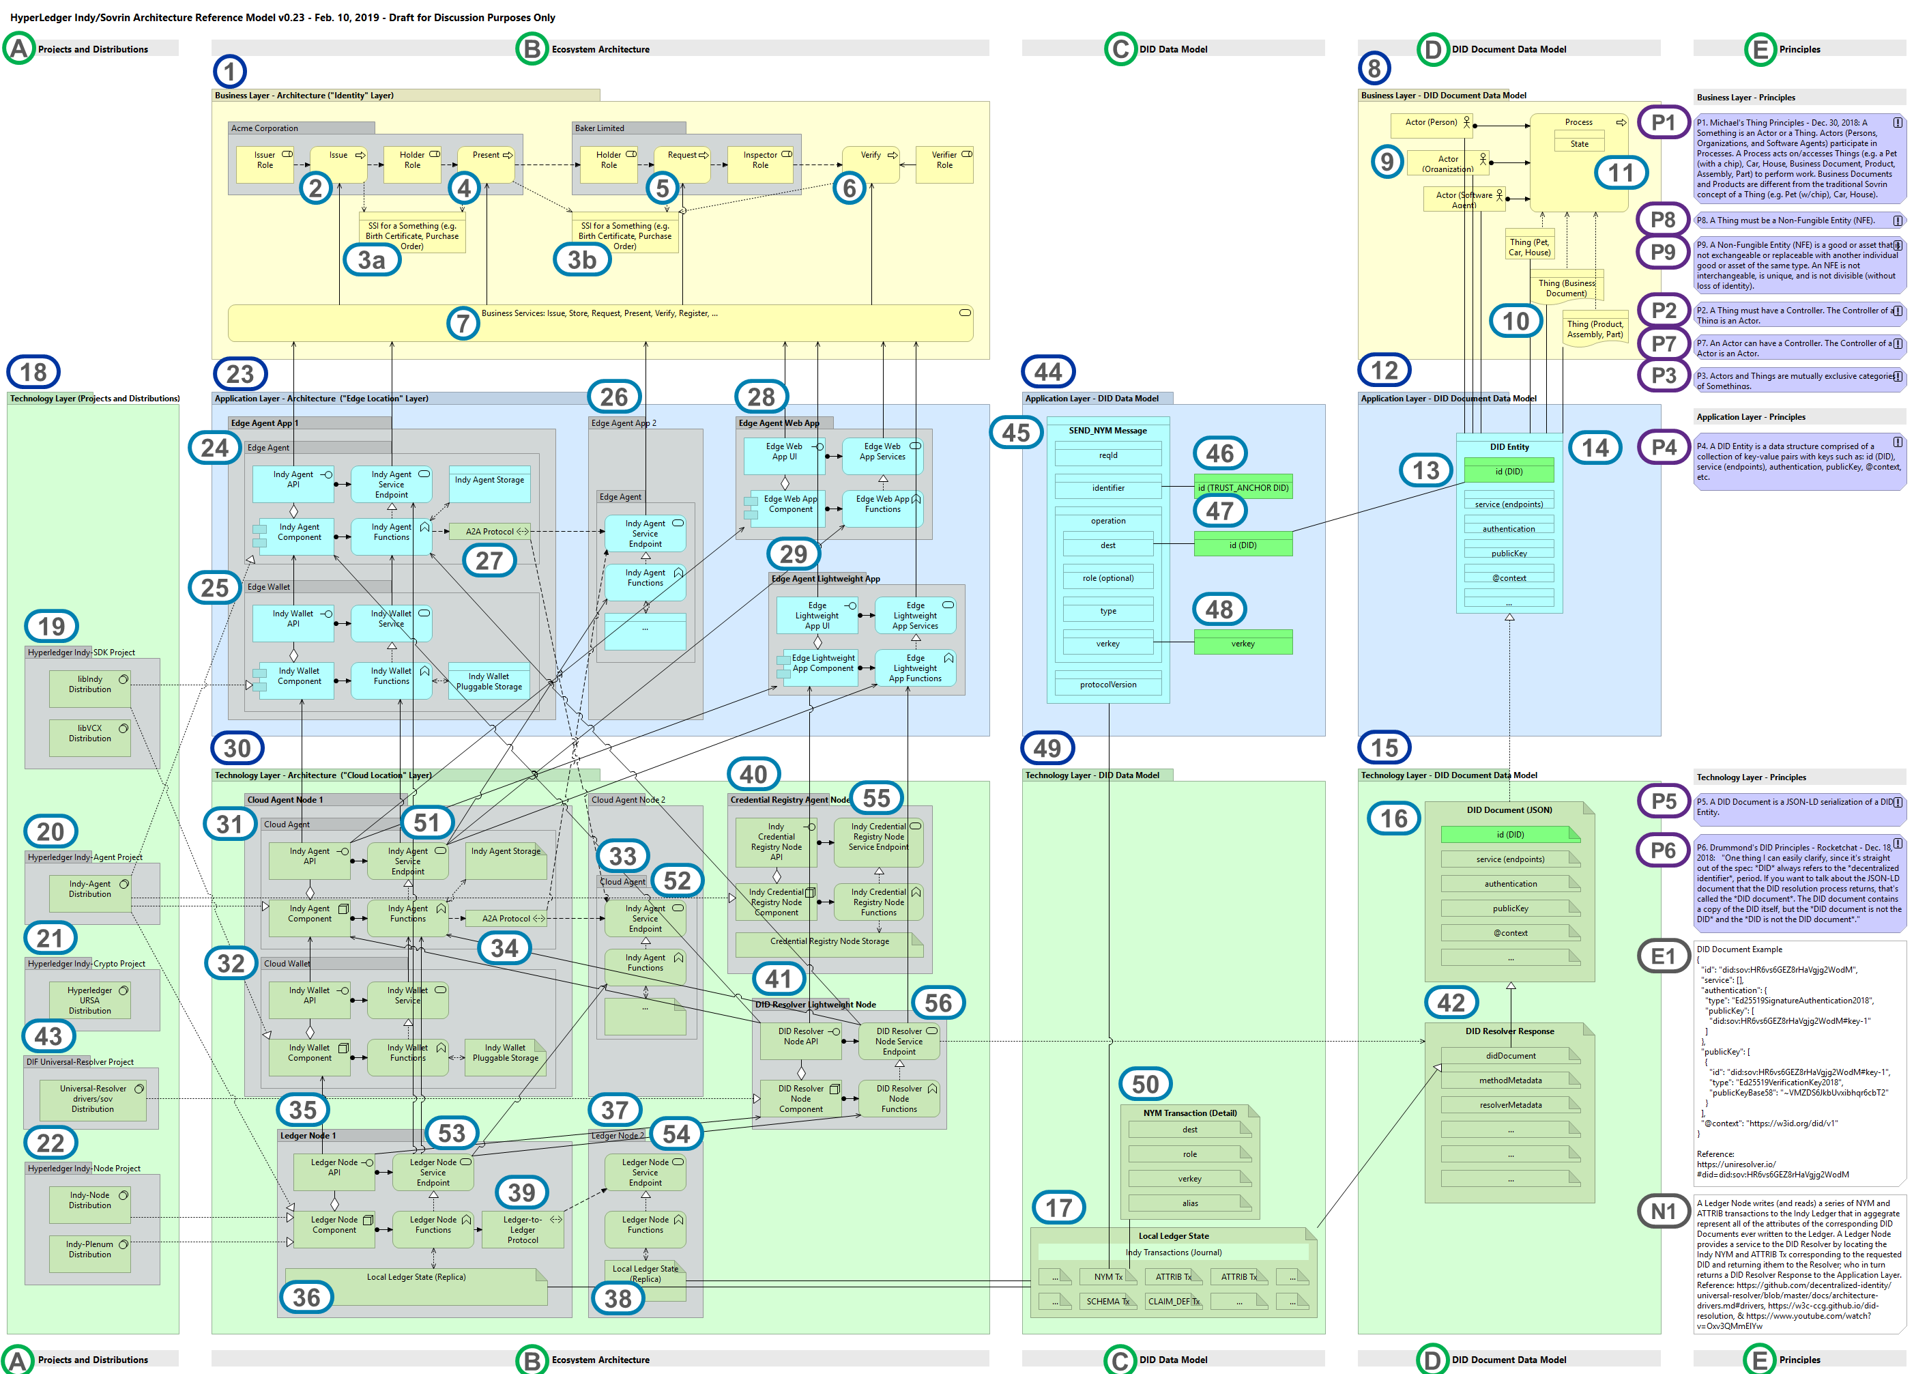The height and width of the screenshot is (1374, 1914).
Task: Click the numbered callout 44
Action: [x=1048, y=371]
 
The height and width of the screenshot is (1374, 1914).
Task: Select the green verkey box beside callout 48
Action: [x=1243, y=643]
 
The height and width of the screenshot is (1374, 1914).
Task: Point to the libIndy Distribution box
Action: [x=89, y=685]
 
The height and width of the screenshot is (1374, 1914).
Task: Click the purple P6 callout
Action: [x=1662, y=850]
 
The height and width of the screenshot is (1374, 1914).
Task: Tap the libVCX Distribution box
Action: [x=89, y=734]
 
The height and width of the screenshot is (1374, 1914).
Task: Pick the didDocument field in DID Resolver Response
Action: [x=1510, y=1056]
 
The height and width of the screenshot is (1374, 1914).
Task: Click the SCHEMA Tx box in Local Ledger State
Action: [x=1106, y=1302]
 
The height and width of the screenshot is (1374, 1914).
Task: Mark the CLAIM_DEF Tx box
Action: [x=1173, y=1302]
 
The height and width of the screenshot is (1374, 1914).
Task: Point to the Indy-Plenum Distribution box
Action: [x=89, y=1249]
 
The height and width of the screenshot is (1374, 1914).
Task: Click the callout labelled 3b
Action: [x=581, y=260]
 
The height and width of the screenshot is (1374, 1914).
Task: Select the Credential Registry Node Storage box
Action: [x=829, y=942]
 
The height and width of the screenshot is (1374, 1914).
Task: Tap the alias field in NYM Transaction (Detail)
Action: [x=1189, y=1203]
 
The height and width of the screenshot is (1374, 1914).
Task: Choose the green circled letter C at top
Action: [x=1120, y=49]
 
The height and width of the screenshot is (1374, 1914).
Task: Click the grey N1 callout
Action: [x=1662, y=1211]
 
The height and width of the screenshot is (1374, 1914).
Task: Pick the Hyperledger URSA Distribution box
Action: [x=89, y=1000]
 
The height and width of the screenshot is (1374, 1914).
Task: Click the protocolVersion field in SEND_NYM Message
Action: [x=1107, y=685]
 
